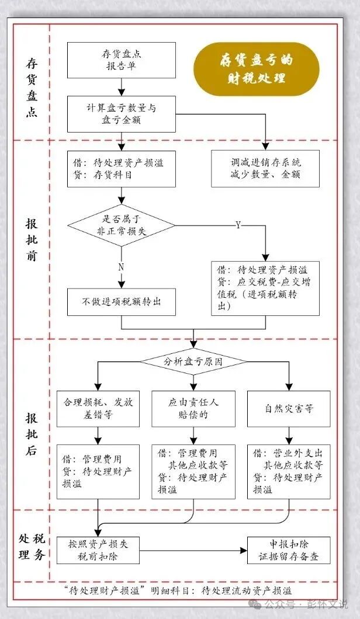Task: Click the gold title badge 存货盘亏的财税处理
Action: tap(257, 69)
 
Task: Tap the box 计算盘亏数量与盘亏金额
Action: tap(122, 114)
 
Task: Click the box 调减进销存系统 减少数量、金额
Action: tap(265, 168)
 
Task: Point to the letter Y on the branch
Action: tap(238, 225)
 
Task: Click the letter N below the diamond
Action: tap(122, 266)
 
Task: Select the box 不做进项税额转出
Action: tap(122, 301)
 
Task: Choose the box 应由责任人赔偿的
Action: tap(193, 408)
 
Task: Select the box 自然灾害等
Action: tap(289, 408)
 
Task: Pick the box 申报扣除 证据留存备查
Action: tap(289, 550)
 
